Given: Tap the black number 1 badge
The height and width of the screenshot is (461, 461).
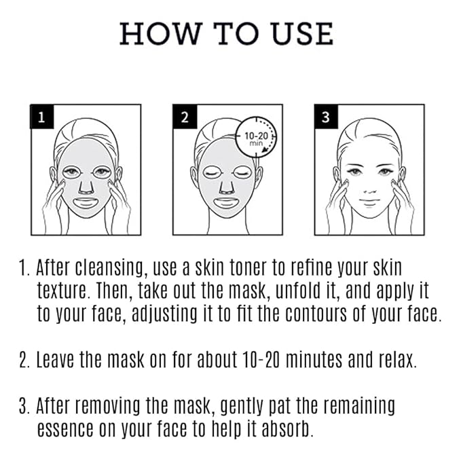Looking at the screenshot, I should [41, 117].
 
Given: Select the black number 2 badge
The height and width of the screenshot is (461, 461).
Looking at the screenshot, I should [185, 117].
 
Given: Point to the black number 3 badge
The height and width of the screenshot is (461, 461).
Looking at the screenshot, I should [325, 117].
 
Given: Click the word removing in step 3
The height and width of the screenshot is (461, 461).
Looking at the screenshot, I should [111, 406].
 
